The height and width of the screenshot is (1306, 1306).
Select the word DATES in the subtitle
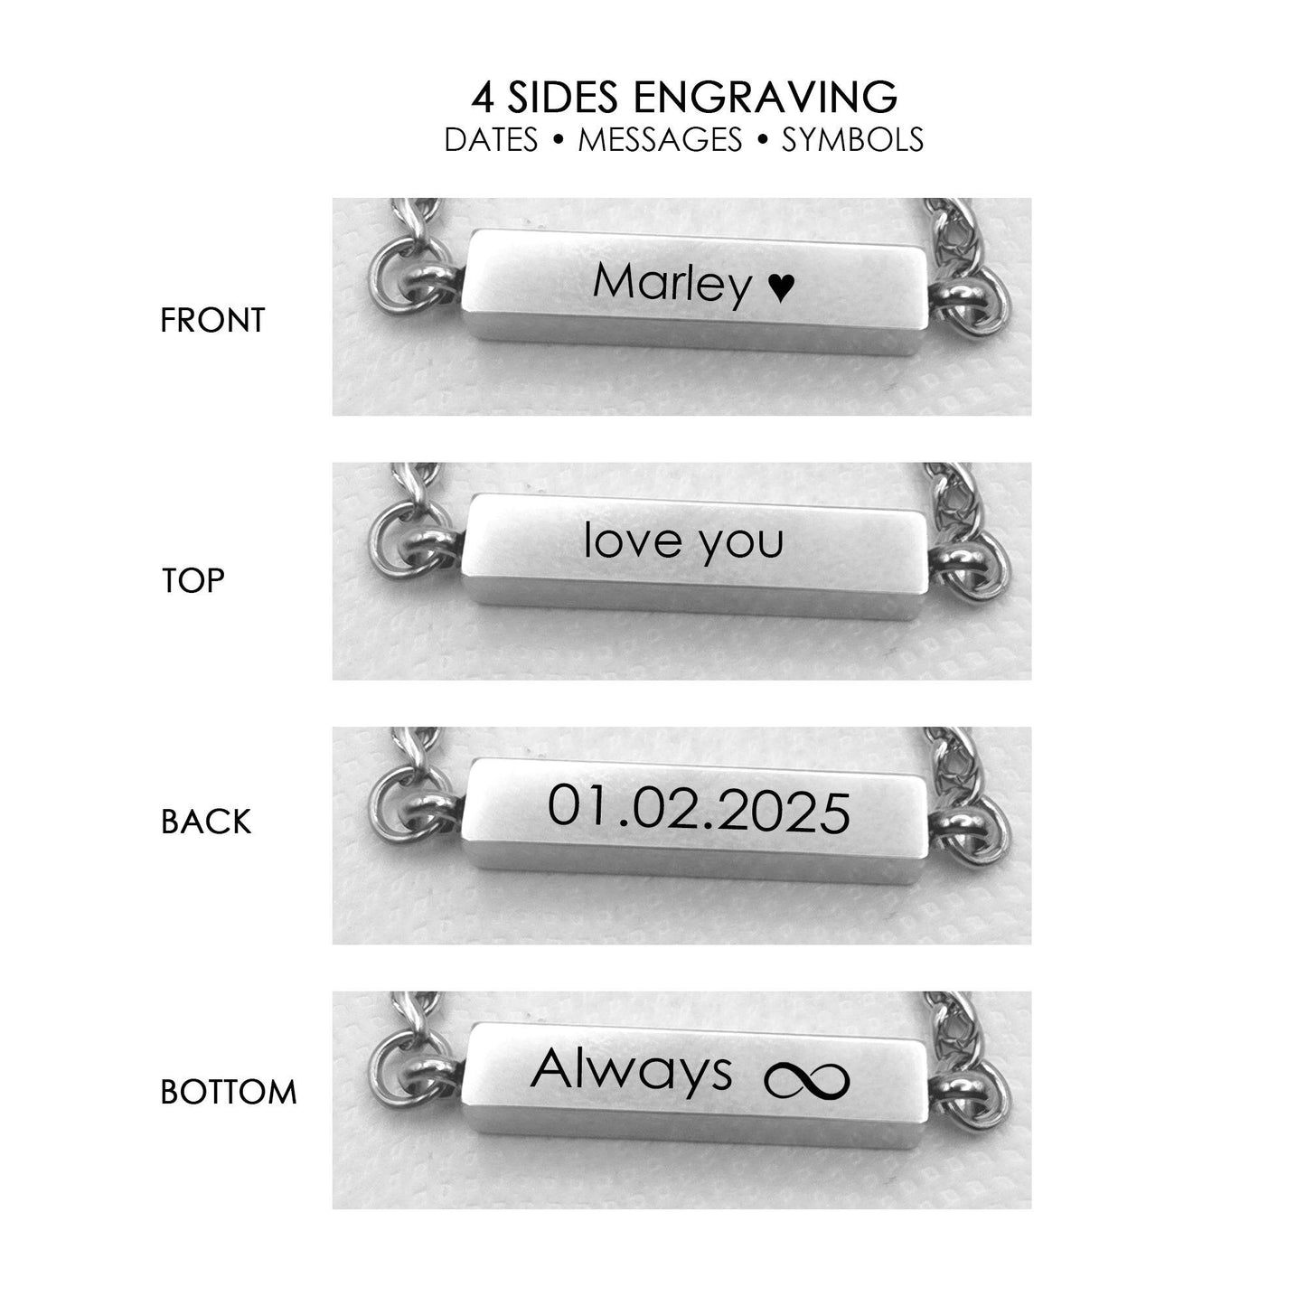[x=491, y=139]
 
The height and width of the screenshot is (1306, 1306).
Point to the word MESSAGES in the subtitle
[x=660, y=139]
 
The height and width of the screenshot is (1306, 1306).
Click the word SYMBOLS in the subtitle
[x=852, y=139]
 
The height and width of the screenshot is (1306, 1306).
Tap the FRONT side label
[x=212, y=321]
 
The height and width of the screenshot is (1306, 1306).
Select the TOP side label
[x=193, y=581]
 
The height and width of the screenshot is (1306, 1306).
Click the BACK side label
[x=206, y=822]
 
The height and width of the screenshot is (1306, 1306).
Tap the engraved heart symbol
[x=780, y=287]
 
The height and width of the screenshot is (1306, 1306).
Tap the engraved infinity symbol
[x=806, y=1081]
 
